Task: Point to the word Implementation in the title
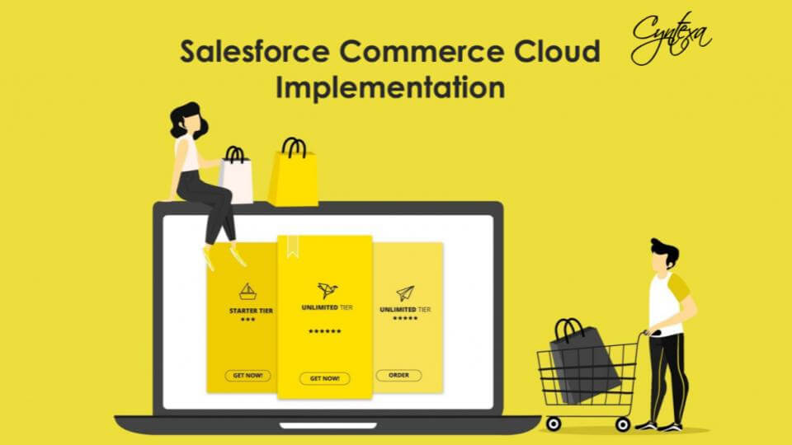pyautogui.click(x=389, y=87)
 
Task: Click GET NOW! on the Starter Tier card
pyautogui.click(x=247, y=375)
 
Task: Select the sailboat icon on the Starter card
pyautogui.click(x=247, y=290)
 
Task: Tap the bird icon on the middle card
pyautogui.click(x=327, y=290)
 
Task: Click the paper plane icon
pyautogui.click(x=404, y=293)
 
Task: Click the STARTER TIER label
pyautogui.click(x=251, y=311)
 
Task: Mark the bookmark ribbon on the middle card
pyautogui.click(x=293, y=246)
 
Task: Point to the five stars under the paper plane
pyautogui.click(x=405, y=318)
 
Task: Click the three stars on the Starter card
pyautogui.click(x=247, y=319)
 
